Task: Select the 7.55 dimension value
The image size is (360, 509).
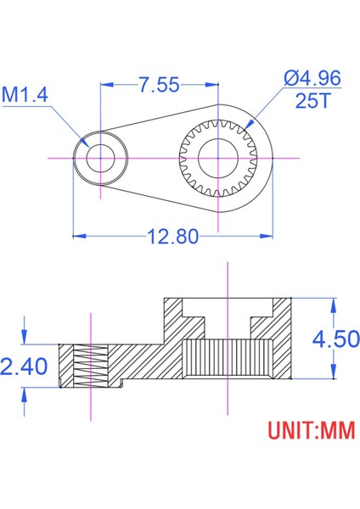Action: [158, 85]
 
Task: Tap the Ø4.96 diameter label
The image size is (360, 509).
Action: [312, 79]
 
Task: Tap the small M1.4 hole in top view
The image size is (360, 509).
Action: [101, 158]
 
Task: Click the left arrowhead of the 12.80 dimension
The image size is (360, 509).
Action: [76, 237]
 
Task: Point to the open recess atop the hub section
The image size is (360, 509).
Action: [227, 305]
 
